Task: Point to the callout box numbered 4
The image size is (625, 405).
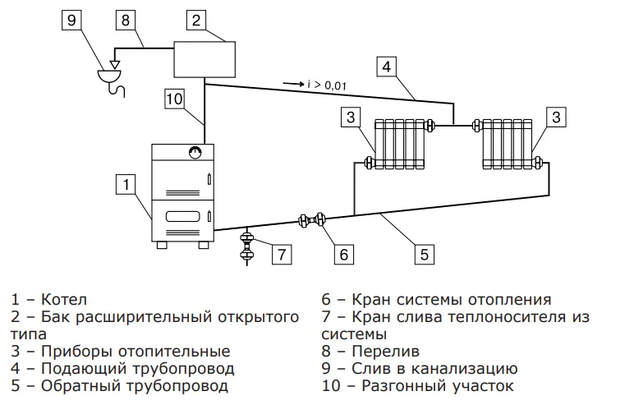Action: pos(388,65)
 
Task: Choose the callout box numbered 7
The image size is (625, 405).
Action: pos(280,254)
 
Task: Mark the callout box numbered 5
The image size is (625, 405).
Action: pos(424,254)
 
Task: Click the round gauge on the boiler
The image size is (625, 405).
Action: pos(194,152)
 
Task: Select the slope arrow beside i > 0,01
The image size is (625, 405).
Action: pos(293,83)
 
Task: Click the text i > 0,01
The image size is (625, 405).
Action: pos(329,83)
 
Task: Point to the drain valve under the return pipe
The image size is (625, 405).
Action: pos(246,247)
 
